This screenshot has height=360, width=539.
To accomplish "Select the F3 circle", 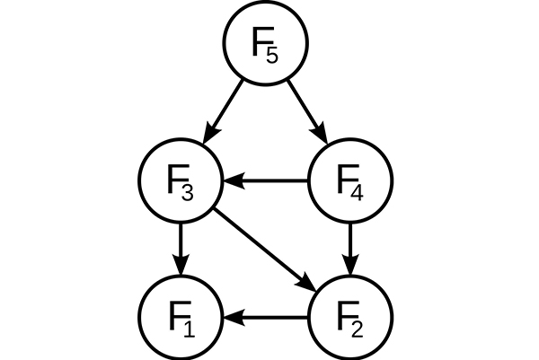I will pos(181,181).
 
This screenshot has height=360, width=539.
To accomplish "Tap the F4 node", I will pos(351,181).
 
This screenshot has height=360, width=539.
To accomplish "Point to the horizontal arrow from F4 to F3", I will pos(269,181).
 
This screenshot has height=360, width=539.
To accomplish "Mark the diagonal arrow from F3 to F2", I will pos(265,249).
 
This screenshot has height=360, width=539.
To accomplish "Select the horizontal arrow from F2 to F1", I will pos(269,317).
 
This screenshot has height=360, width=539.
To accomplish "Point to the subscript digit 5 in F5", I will pos(272,56).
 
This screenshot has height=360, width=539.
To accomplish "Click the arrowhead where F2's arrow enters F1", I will pos(231,317).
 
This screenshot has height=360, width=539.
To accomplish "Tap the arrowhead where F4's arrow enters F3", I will pos(231,181).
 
